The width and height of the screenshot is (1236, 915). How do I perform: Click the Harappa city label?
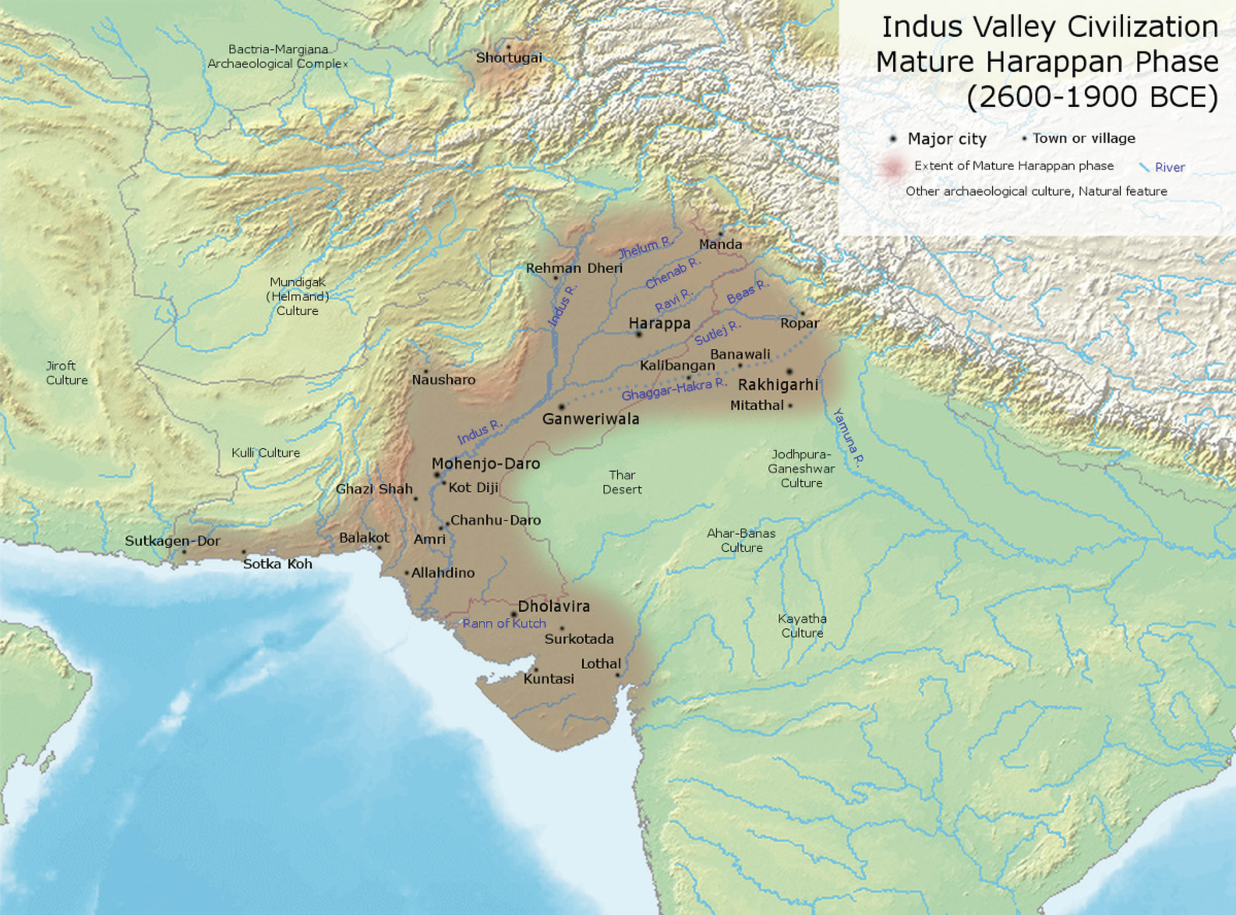pos(660,323)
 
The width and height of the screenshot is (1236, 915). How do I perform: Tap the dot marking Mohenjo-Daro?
pos(437,475)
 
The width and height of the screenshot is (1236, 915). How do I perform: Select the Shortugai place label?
pos(509,58)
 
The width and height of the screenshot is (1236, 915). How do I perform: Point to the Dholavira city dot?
pos(514,615)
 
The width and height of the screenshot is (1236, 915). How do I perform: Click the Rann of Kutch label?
pos(504,623)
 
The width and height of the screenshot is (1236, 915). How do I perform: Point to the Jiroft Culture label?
pos(66,373)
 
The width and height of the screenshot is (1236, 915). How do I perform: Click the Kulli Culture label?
pos(266,452)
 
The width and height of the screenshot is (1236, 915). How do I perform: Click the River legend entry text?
pos(1170,167)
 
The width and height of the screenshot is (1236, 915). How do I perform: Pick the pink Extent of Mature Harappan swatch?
pos(892,167)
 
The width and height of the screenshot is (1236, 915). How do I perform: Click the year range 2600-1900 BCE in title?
pos(1092,97)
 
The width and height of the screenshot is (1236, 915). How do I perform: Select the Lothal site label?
pos(600,664)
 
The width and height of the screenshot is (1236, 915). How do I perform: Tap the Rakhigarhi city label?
pos(778,384)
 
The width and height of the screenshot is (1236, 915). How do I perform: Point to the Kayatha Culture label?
pos(802,626)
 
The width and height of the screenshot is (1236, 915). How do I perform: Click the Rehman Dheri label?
pos(574,268)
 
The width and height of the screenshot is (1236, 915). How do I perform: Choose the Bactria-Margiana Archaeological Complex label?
pos(278,56)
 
